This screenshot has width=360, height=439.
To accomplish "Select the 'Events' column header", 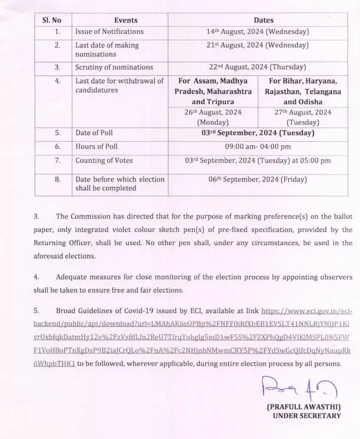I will [120, 19].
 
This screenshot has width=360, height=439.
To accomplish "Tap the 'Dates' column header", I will [255, 19].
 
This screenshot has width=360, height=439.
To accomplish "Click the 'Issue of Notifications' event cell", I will [110, 32].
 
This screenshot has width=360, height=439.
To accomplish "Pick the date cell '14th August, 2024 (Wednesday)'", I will [255, 32].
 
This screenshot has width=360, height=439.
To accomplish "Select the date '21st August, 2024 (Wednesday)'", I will [255, 45].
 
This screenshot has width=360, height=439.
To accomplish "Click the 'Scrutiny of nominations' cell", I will [114, 67].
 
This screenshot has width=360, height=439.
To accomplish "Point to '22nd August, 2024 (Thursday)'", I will [255, 67].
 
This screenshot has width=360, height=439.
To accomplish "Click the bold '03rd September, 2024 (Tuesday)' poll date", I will [255, 133].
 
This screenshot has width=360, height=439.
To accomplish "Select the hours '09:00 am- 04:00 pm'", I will [255, 146].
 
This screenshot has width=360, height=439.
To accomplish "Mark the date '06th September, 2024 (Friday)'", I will [255, 179].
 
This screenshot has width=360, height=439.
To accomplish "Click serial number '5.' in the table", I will [58, 133].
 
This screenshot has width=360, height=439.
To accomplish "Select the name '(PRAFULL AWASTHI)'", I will [304, 408].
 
